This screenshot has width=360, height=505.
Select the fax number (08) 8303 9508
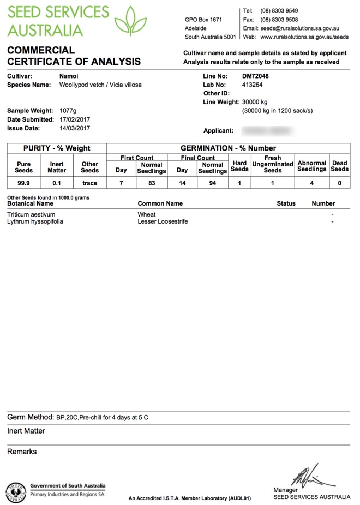(279, 20)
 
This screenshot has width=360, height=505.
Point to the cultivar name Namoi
(68, 76)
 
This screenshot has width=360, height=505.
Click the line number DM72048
(255, 76)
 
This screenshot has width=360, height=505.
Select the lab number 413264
(253, 85)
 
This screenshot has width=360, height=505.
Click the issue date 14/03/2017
(75, 128)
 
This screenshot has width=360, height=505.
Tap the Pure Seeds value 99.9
(24, 183)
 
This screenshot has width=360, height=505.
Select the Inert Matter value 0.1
(57, 183)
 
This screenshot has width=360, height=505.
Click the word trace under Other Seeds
(89, 183)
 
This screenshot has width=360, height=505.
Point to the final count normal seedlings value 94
(212, 183)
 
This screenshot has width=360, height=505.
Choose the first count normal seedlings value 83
(152, 183)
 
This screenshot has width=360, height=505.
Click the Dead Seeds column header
(339, 166)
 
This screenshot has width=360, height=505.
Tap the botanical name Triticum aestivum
(31, 215)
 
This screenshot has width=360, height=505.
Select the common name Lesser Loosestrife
(163, 222)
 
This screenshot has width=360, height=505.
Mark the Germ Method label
(30, 418)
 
